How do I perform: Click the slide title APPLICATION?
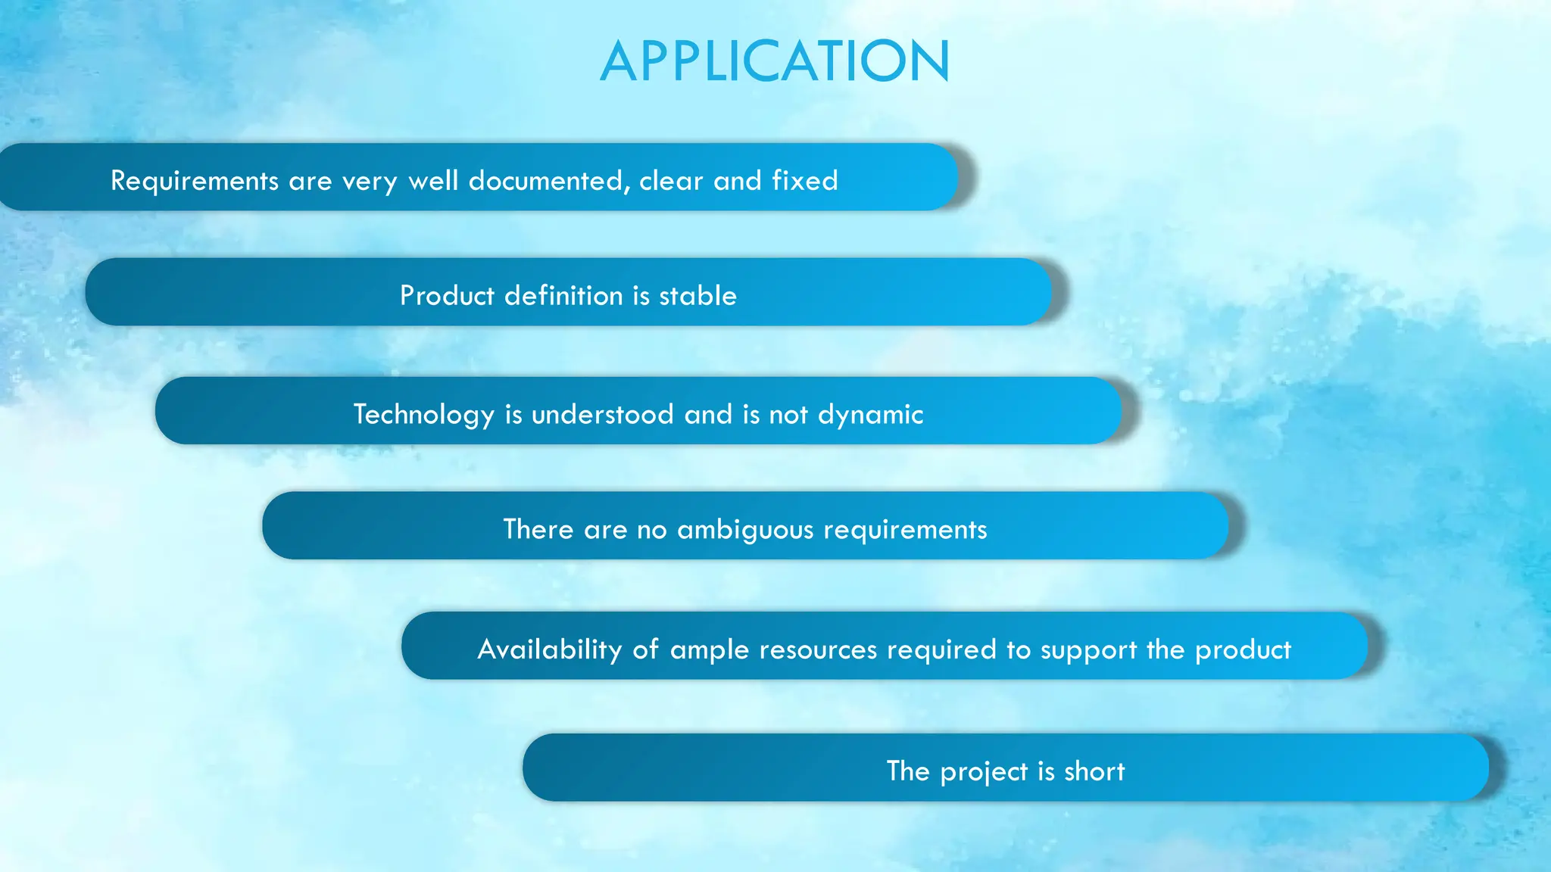coord(775,61)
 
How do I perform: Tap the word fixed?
coord(805,181)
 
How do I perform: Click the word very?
coord(370,182)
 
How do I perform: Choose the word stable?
coord(697,295)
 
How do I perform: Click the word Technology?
coord(423,415)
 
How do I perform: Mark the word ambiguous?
coord(745,530)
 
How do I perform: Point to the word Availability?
coord(550,649)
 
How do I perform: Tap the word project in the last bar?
coord(984,772)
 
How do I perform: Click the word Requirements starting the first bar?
coord(195,181)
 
